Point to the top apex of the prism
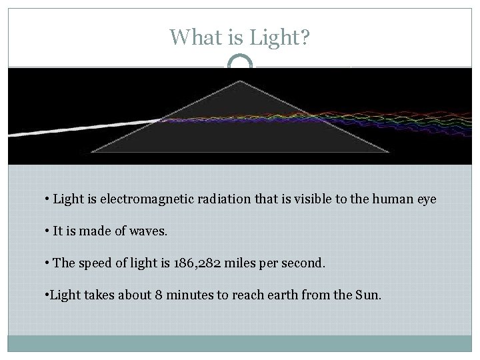point(240,81)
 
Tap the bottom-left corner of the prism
point(91,152)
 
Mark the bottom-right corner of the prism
point(389,152)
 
